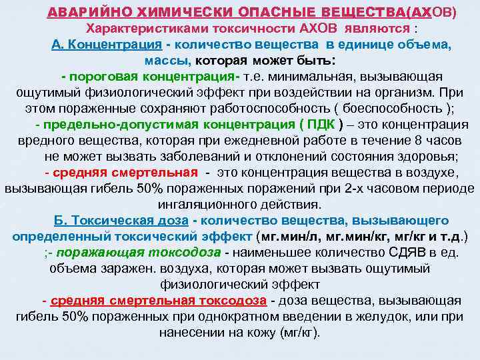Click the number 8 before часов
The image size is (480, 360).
[399, 140]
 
